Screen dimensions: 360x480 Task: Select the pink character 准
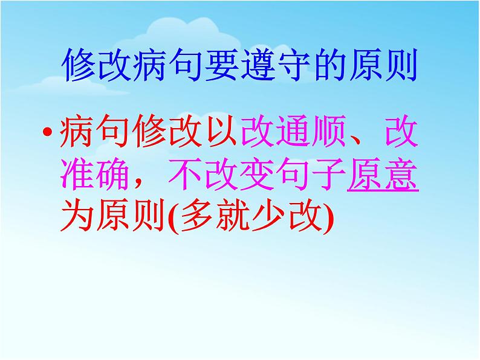click(x=78, y=173)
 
